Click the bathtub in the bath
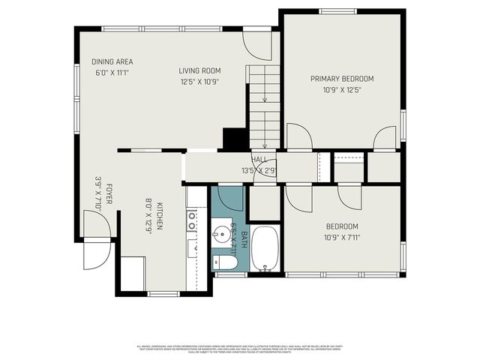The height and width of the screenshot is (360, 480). click(x=265, y=250)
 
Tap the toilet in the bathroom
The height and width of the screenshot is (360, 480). click(x=220, y=262)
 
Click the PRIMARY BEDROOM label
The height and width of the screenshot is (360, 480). click(x=342, y=78)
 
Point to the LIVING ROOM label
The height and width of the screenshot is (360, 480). click(x=199, y=70)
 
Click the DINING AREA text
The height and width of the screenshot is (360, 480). click(x=112, y=61)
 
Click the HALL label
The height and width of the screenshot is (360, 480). click(x=259, y=160)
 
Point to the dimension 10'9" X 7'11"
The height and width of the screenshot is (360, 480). click(x=341, y=238)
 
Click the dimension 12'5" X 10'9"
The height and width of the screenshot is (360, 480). click(x=199, y=82)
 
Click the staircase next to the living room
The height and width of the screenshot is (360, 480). click(x=263, y=105)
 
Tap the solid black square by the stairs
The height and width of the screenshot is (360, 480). click(x=235, y=139)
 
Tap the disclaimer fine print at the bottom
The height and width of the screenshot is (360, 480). click(x=240, y=349)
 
